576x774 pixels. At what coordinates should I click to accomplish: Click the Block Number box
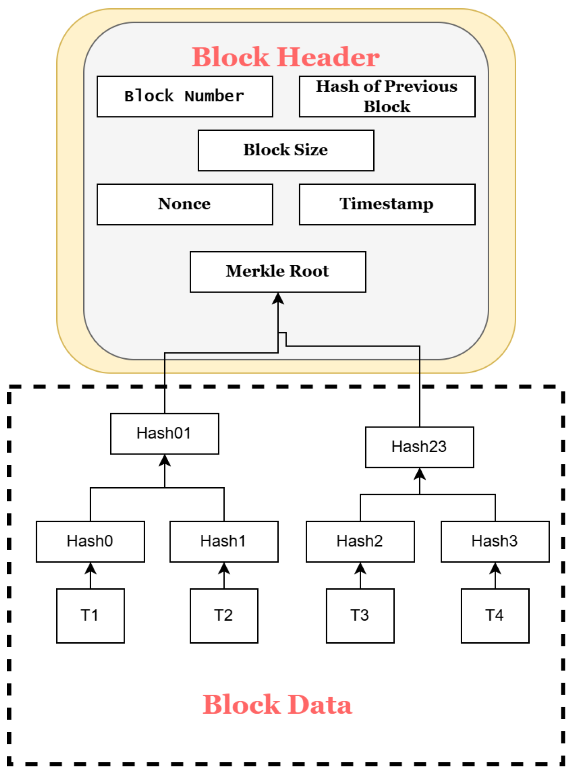click(184, 97)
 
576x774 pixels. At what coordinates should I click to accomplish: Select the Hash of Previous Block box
click(387, 97)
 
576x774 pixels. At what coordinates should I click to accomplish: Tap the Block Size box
click(286, 151)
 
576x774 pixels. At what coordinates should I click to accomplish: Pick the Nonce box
click(184, 205)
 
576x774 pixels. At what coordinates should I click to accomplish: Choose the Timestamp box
click(387, 205)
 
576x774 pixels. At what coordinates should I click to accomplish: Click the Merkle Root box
click(277, 272)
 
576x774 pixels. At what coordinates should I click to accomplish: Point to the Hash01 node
click(164, 434)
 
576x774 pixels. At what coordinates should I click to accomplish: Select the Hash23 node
click(419, 447)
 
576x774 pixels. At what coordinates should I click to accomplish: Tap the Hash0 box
click(90, 542)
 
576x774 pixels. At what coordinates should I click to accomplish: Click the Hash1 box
click(223, 542)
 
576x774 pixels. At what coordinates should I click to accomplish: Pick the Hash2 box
click(360, 542)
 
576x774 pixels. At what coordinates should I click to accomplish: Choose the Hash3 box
click(495, 542)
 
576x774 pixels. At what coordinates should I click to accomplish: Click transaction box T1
click(90, 616)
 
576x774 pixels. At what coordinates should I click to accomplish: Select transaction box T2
click(223, 616)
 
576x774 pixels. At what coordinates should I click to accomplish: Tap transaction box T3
click(360, 616)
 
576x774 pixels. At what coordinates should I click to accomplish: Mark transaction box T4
click(495, 616)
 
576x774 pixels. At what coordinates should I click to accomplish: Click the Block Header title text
click(286, 57)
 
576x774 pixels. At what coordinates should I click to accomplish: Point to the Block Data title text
click(277, 704)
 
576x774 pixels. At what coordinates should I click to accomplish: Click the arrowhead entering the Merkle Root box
click(278, 298)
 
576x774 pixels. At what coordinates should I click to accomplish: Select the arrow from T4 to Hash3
click(495, 576)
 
